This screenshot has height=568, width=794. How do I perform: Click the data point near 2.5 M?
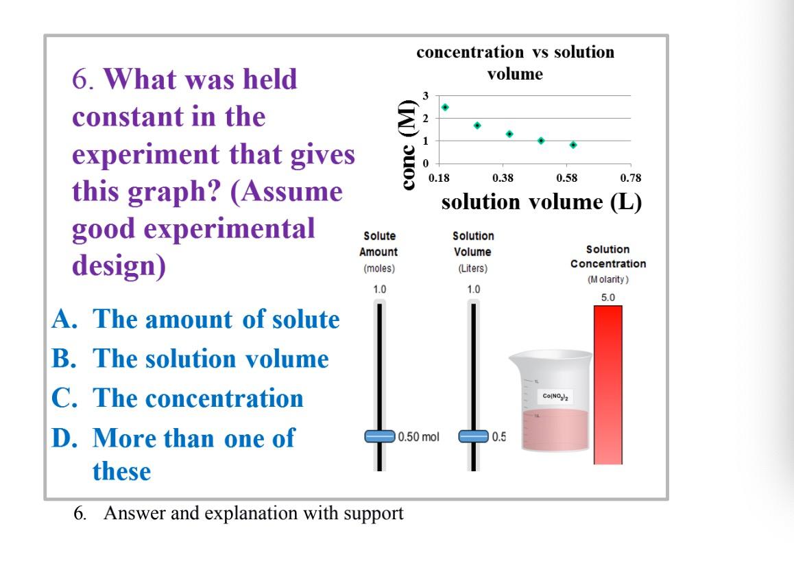pyautogui.click(x=445, y=107)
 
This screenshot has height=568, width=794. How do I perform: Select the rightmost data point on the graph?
pyautogui.click(x=573, y=145)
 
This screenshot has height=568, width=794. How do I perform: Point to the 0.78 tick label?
pyautogui.click(x=631, y=179)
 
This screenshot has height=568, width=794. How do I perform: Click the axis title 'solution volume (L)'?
pyautogui.click(x=542, y=202)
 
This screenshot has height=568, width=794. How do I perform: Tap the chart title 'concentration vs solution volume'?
pyautogui.click(x=516, y=62)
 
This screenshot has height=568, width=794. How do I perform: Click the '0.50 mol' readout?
pyautogui.click(x=419, y=436)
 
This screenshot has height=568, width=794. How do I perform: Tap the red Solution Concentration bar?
pyautogui.click(x=607, y=384)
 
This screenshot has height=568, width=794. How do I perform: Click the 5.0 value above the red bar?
pyautogui.click(x=608, y=297)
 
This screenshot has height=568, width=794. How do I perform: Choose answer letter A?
pyautogui.click(x=64, y=320)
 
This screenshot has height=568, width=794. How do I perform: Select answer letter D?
pyautogui.click(x=64, y=438)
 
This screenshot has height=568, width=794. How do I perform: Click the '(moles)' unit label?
pyautogui.click(x=379, y=268)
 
